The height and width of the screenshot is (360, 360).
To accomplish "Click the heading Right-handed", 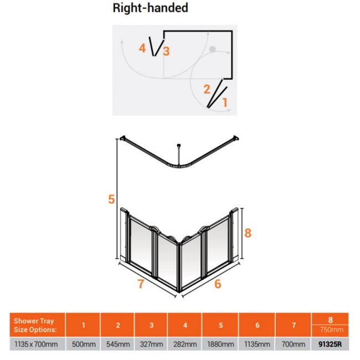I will point(151,8).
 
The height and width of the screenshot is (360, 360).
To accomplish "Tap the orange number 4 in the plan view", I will point(142,49).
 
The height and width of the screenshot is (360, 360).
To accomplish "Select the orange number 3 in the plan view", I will point(166,52).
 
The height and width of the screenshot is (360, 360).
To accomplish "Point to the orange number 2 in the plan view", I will point(207,89).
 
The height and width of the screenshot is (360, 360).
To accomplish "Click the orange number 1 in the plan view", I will point(225,102).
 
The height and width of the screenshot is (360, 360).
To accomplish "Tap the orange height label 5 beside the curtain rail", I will point(111,199).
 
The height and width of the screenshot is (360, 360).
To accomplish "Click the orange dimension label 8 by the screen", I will point(248,233).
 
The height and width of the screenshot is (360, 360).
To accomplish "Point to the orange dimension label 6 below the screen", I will point(217,284).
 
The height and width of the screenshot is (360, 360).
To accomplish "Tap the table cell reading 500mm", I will point(83,344).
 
